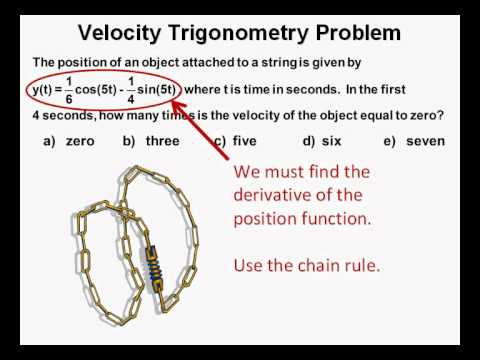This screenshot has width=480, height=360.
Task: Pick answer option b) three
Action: pos(151,141)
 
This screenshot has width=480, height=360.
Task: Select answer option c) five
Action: pos(235,141)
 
